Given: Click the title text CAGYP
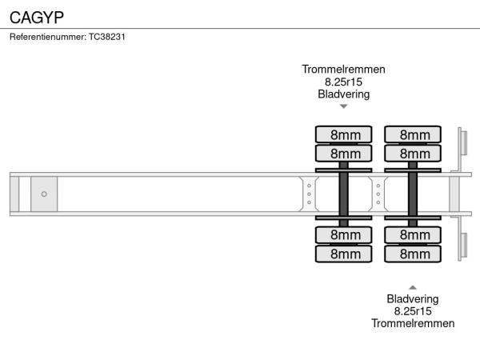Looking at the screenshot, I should (x=37, y=16).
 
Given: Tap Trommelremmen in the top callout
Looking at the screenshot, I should (x=343, y=70).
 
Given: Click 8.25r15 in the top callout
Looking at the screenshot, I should (x=343, y=82).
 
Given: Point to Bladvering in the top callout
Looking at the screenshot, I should (x=343, y=94).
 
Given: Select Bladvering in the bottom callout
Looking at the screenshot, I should (x=413, y=299).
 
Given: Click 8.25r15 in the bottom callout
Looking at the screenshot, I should (x=413, y=311).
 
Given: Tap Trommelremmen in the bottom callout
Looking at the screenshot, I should (x=413, y=323).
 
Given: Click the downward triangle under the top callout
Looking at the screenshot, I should (x=343, y=106).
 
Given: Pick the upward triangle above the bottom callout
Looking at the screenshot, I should (x=413, y=286).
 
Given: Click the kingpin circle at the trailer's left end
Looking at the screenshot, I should (x=44, y=194).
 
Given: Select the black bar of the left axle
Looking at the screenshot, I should (x=344, y=194).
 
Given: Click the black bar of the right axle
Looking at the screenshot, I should (x=413, y=194).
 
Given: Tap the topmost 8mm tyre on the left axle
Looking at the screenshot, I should (x=344, y=134).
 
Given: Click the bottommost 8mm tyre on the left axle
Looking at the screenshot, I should (x=344, y=254).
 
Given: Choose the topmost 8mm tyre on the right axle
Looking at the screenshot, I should (x=414, y=134).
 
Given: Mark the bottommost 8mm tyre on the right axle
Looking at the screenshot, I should (x=414, y=254).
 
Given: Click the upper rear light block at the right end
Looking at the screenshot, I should (x=462, y=144).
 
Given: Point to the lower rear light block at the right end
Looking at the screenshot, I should (x=462, y=245).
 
